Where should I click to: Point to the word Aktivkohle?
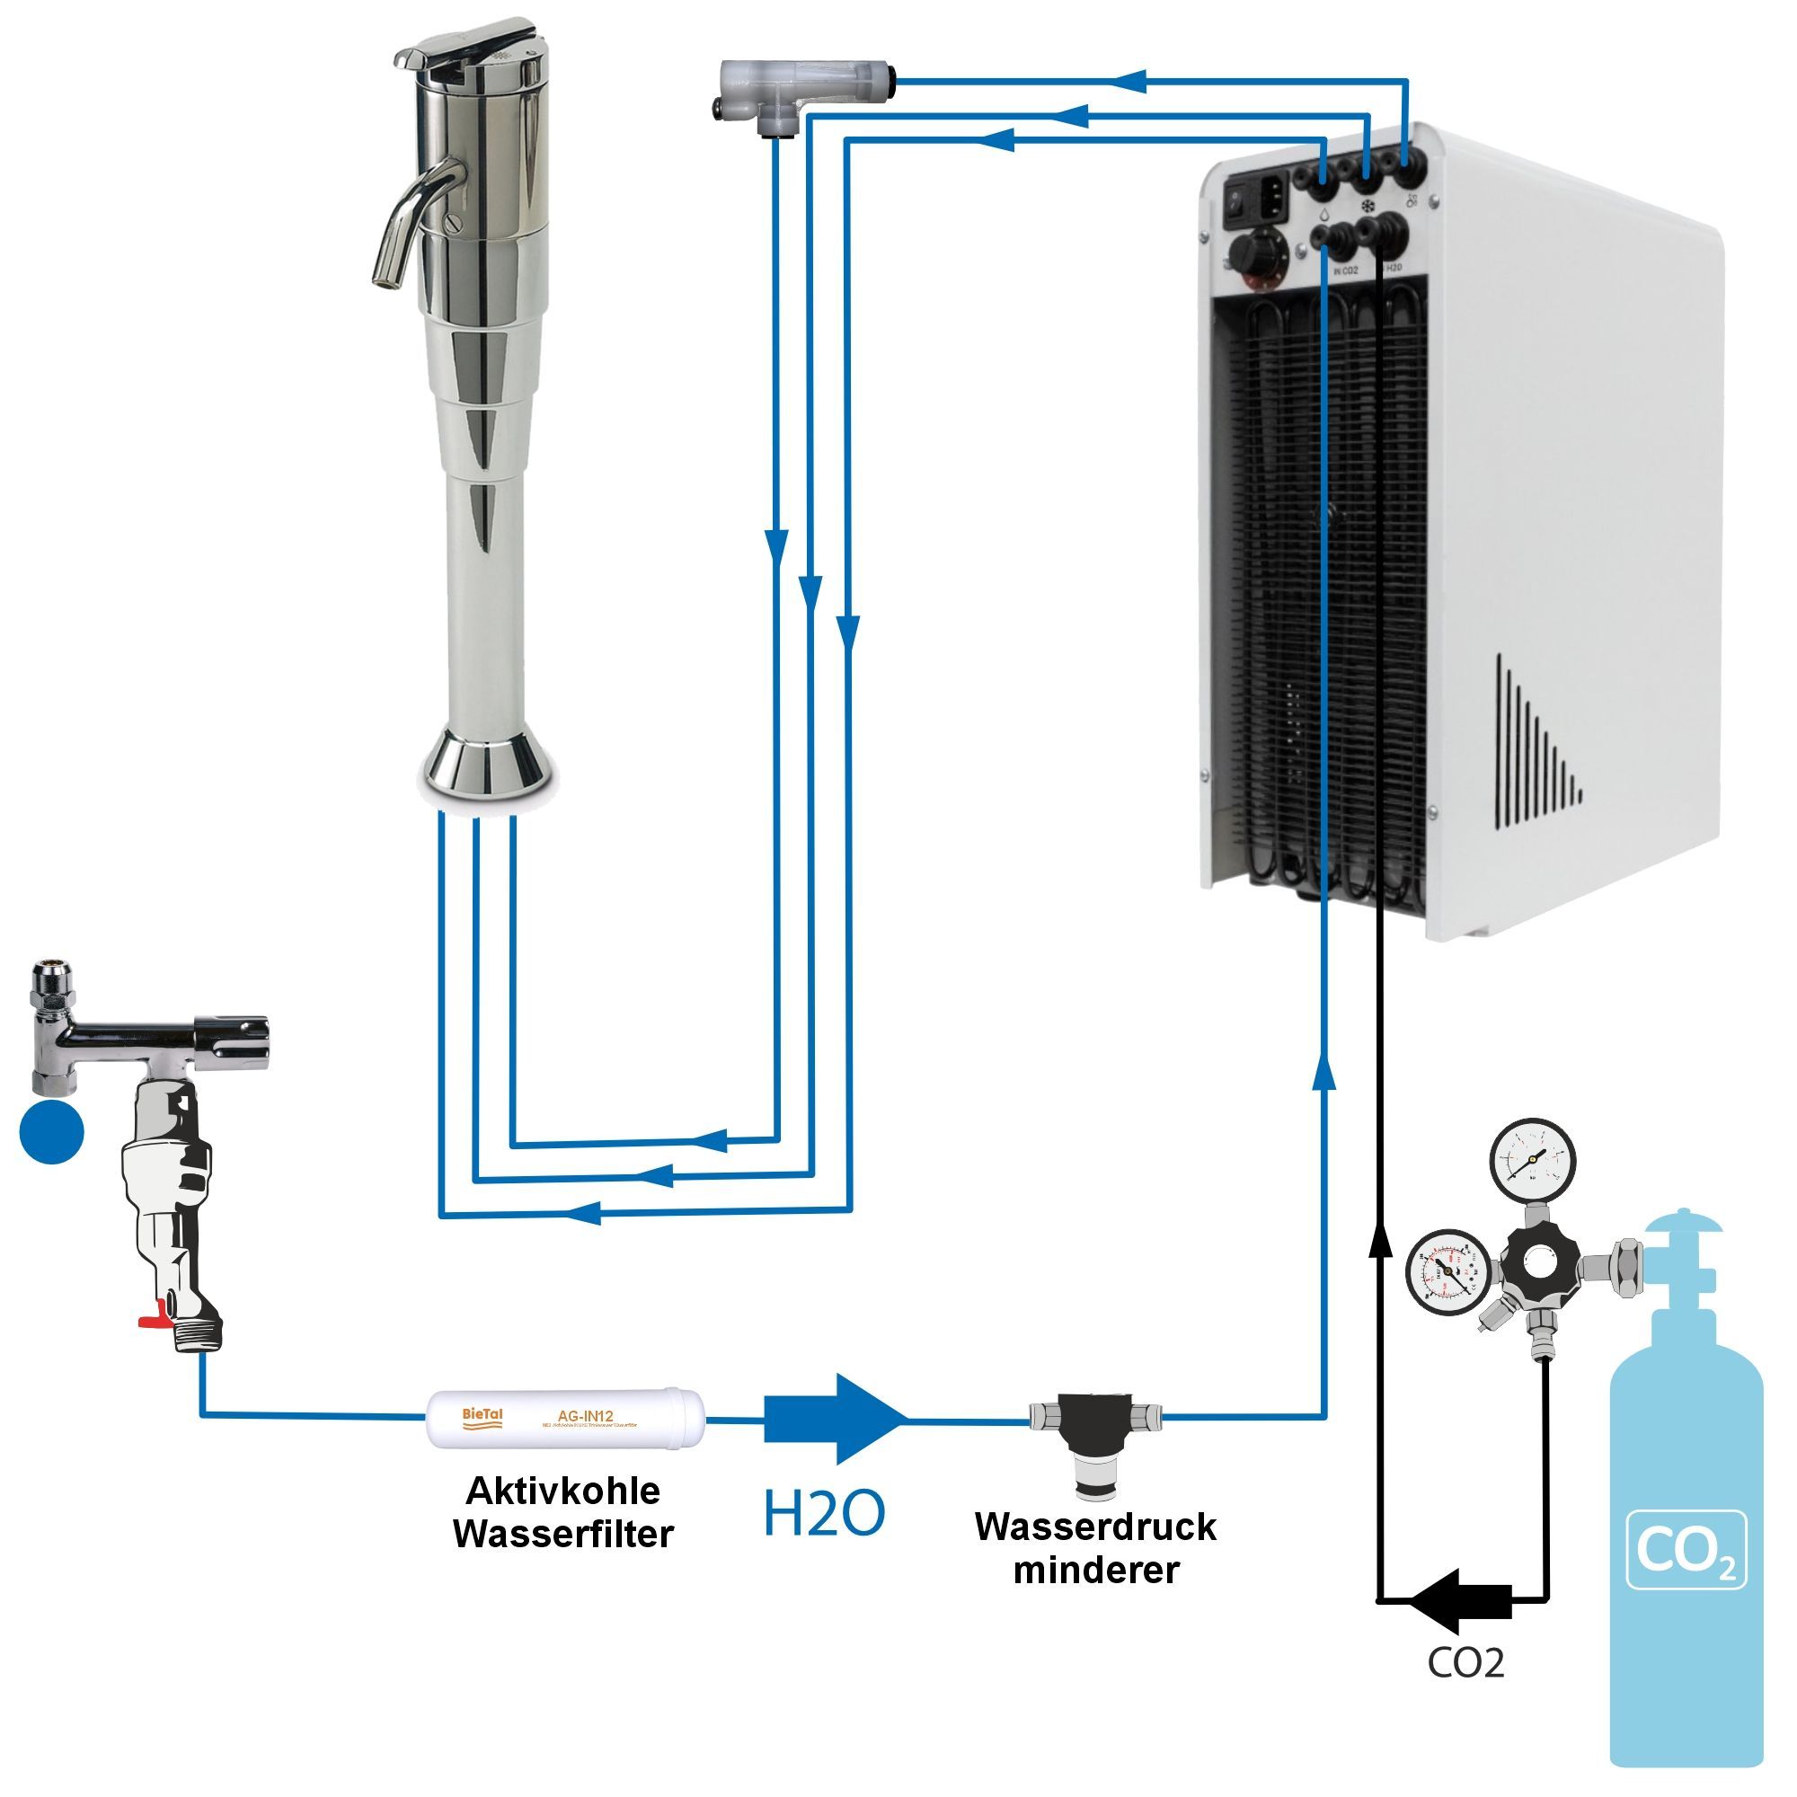pyautogui.click(x=562, y=1491)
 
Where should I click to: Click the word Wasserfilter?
pyautogui.click(x=562, y=1534)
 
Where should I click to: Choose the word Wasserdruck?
pyautogui.click(x=1094, y=1527)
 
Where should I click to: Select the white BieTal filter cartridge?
pyautogui.click(x=564, y=1419)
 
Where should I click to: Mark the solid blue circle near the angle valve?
pyautogui.click(x=52, y=1131)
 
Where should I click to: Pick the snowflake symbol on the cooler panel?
pyautogui.click(x=1368, y=206)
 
